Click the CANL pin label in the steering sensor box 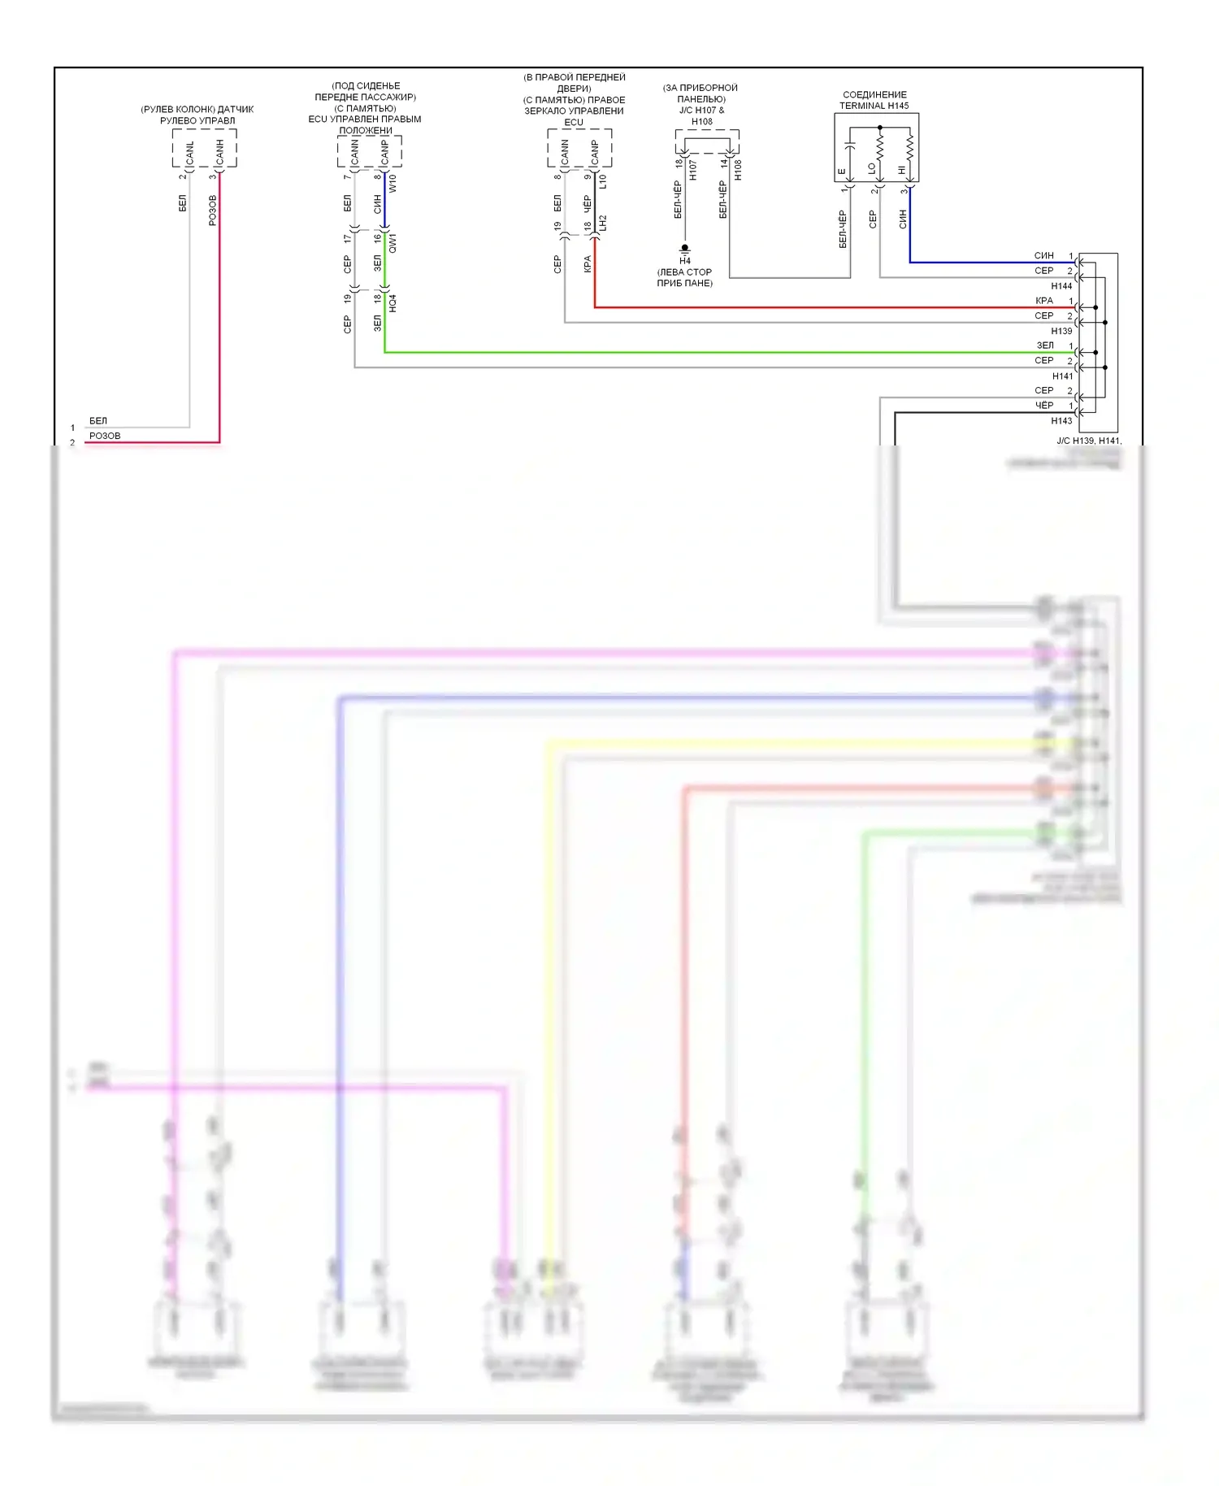pos(190,153)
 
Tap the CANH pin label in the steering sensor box pos(219,153)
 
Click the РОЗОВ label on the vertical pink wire pos(213,210)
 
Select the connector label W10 pos(393,183)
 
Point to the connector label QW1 pos(393,242)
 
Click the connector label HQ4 pos(393,303)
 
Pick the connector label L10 pos(602,183)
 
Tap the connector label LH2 pos(602,223)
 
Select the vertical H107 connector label pos(693,170)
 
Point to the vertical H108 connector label pos(738,170)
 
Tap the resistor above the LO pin pos(879,147)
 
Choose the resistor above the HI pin pos(909,147)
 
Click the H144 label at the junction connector pos(1061,286)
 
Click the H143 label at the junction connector pos(1061,421)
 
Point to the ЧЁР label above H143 pos(1044,406)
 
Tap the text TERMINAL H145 pos(874,106)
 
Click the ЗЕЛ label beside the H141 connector pos(1045,345)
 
